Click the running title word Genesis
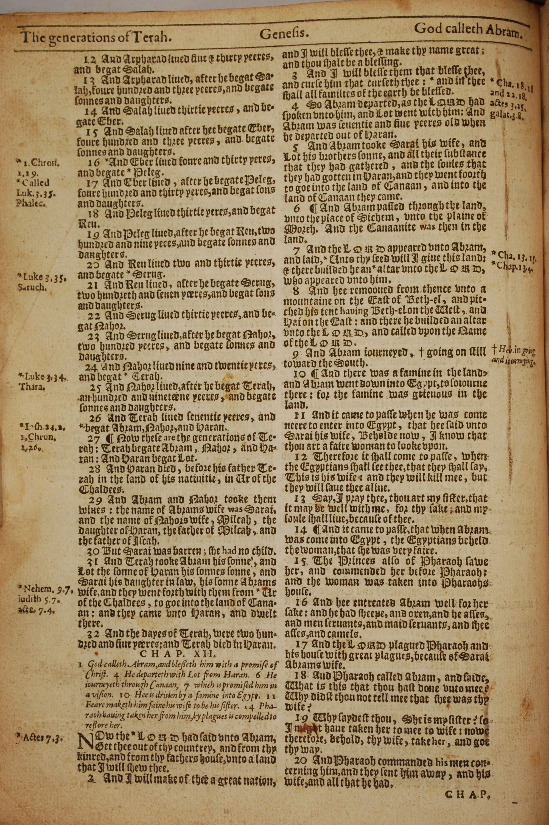pos(284,34)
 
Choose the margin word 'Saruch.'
pos(32,288)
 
